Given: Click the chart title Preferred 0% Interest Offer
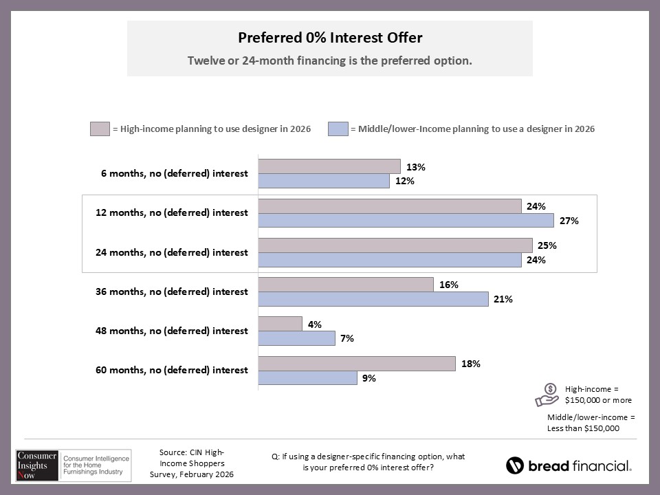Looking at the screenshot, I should point(330,37).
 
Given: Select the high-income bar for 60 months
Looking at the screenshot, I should point(356,364).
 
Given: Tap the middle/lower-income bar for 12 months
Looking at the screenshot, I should point(406,220).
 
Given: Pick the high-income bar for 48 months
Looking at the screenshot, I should point(280,324).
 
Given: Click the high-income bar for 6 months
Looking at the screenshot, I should point(329,166).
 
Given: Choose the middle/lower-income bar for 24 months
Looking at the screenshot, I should point(389,260).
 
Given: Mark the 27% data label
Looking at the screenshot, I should point(570,221).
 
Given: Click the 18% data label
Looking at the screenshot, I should point(471,364).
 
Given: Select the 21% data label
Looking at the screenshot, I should point(504,299).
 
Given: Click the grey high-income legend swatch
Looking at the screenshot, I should point(99,129).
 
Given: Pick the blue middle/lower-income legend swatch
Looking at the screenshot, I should point(338,129).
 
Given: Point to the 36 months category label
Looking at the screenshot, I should point(171,291).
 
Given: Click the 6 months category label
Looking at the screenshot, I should point(174,173).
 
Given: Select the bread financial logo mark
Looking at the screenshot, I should point(515,465).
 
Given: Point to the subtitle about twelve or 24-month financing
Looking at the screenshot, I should point(330,60).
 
